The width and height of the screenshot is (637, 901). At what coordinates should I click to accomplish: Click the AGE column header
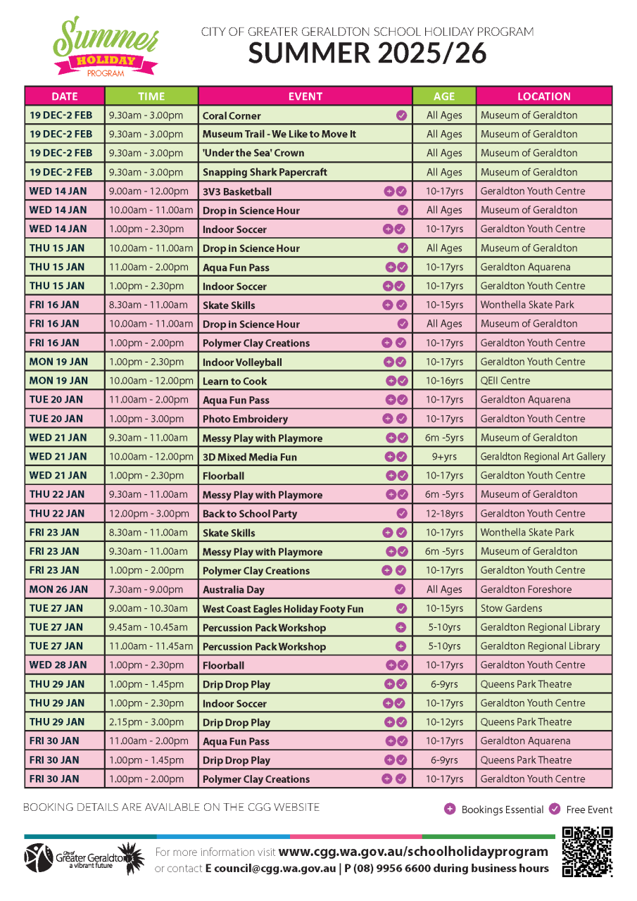tap(443, 96)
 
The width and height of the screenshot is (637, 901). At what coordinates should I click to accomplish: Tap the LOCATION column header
tap(543, 96)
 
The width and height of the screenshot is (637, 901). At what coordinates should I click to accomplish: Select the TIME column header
tap(151, 96)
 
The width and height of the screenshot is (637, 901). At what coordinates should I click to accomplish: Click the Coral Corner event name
tap(232, 115)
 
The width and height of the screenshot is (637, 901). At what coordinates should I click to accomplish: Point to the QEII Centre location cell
tap(505, 381)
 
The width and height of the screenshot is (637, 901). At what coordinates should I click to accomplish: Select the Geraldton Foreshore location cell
tap(526, 589)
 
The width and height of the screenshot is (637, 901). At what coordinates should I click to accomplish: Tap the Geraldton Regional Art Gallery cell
tap(543, 456)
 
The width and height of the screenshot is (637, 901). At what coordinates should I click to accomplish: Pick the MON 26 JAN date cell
tap(58, 589)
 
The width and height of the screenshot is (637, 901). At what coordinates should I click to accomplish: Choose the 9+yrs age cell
tap(444, 456)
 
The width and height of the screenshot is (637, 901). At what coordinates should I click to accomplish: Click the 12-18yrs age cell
tap(444, 513)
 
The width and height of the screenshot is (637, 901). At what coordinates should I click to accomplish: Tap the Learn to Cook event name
tap(235, 381)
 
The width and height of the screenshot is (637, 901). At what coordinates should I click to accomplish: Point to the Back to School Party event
tap(250, 513)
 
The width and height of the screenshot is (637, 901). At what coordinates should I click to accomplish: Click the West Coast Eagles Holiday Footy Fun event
tap(283, 608)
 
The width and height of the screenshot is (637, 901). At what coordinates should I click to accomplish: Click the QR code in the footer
tap(587, 852)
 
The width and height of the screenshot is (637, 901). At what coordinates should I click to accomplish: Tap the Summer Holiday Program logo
tap(106, 48)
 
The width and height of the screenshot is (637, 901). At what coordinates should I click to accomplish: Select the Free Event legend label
tap(589, 809)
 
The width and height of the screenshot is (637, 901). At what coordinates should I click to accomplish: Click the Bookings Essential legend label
tap(502, 809)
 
